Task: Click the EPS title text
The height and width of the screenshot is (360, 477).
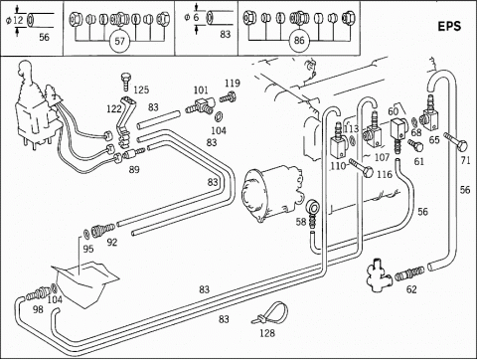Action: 449,26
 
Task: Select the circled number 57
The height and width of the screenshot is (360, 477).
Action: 119,41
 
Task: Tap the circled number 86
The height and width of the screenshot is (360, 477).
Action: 299,40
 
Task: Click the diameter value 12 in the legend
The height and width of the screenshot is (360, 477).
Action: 18,20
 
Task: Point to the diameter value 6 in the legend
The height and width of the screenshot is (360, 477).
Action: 196,17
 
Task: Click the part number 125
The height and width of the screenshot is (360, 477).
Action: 141,90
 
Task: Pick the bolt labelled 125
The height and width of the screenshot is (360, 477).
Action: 126,82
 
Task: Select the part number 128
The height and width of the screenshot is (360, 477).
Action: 267,333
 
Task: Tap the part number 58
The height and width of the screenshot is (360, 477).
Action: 301,222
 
